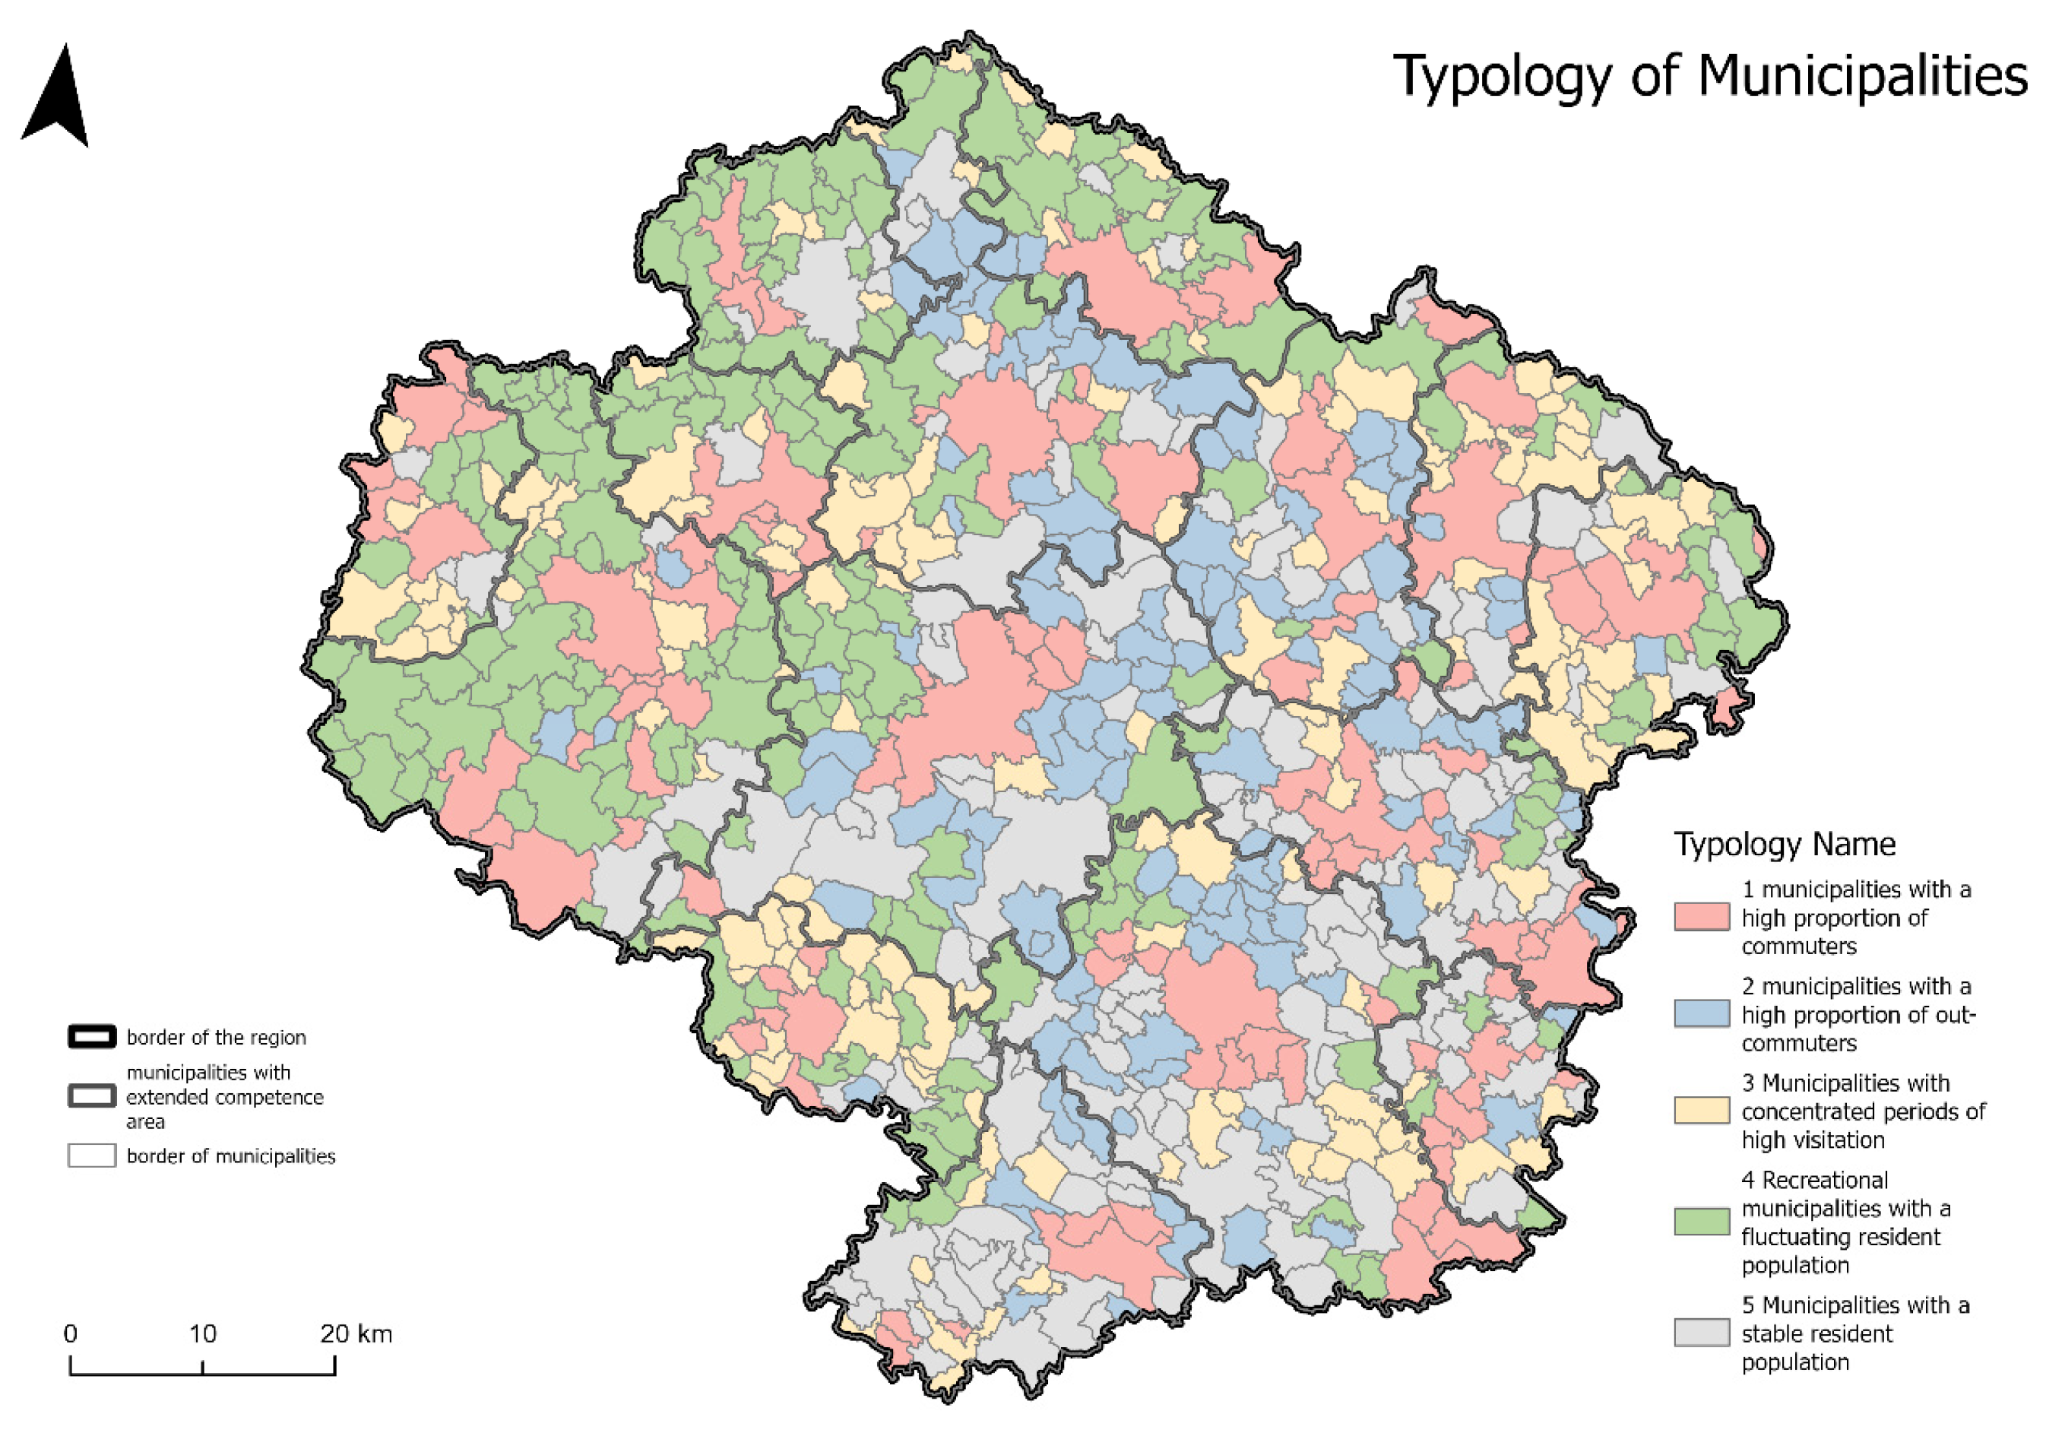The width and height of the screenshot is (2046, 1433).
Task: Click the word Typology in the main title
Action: [x=1503, y=77]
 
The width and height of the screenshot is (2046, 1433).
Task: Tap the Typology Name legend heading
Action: [x=1784, y=844]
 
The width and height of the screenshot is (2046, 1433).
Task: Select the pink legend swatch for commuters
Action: [x=1701, y=917]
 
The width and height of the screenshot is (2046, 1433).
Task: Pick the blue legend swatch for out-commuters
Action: [x=1701, y=1014]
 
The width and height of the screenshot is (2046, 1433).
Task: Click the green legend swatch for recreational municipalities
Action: [x=1701, y=1222]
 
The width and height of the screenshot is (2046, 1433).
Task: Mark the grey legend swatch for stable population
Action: [x=1701, y=1333]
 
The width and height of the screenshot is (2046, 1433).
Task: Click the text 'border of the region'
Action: [x=216, y=1038]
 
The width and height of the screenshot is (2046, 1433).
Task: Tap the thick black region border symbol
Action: [x=92, y=1036]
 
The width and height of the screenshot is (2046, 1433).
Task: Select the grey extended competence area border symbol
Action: [x=92, y=1096]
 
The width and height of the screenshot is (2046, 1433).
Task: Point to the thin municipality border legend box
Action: [x=92, y=1156]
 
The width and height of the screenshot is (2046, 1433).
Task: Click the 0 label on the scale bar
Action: [x=71, y=1334]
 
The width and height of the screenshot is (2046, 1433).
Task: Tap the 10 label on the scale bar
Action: [x=202, y=1334]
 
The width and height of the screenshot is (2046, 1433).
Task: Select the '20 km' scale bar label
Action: [x=356, y=1334]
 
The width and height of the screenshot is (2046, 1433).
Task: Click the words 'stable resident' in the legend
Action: [x=1816, y=1334]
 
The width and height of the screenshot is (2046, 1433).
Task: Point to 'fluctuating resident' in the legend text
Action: [x=1840, y=1237]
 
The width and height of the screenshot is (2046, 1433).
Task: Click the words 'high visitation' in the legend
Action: [x=1813, y=1140]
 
